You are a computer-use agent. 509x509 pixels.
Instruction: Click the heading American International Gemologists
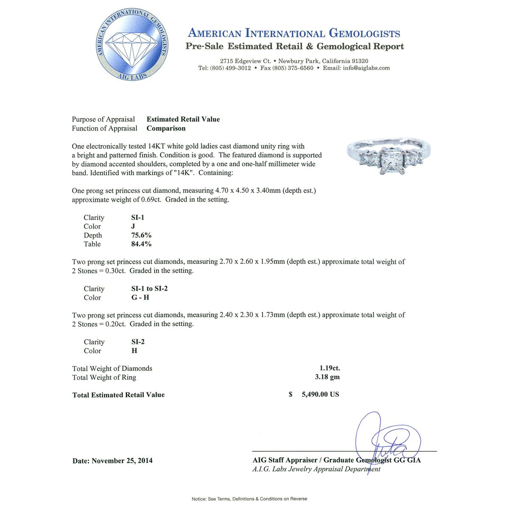coord(294,34)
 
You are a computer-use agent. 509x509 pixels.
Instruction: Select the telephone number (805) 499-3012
coord(230,68)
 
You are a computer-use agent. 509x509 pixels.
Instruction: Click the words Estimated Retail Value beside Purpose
coord(183,119)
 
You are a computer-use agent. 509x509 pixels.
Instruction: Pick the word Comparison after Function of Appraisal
coord(166,128)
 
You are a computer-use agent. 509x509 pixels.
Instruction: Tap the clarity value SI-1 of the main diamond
coord(138,218)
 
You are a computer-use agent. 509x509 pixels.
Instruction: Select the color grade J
coord(133,227)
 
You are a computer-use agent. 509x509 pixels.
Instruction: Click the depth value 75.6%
coord(141,235)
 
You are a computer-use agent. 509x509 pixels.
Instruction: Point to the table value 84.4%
coord(141,244)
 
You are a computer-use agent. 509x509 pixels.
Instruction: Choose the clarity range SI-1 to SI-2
coord(149,288)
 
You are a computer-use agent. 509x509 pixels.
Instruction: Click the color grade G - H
coord(140,297)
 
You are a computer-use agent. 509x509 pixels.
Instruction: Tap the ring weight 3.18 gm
coord(330,377)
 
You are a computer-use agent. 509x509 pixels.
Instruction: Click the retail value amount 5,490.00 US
coord(320,394)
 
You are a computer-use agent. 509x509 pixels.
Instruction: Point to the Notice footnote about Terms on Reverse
coord(249,499)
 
